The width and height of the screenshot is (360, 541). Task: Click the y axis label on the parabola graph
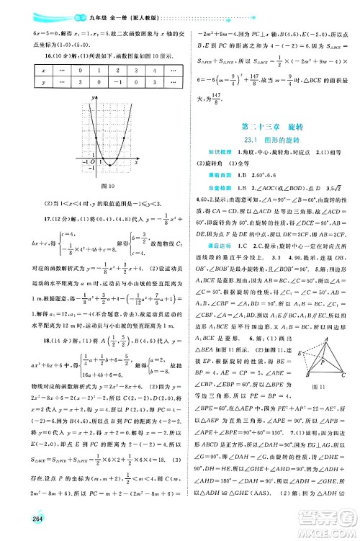coord(93,96)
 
